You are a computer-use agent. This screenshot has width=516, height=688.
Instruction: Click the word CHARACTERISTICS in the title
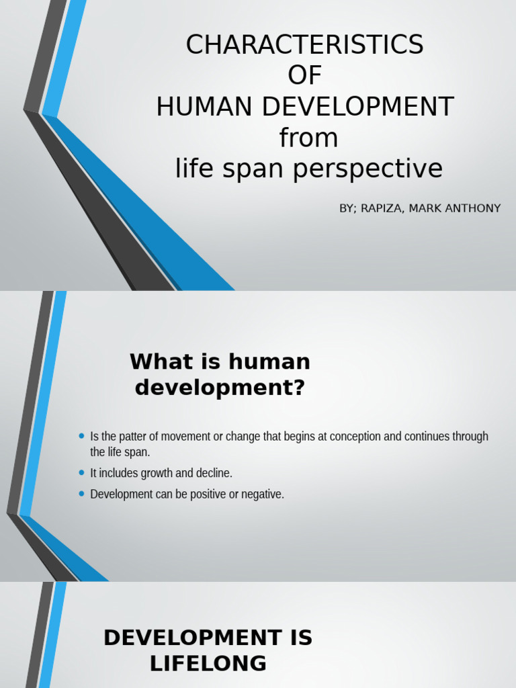pyautogui.click(x=305, y=45)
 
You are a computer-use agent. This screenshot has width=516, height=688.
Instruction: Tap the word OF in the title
pyautogui.click(x=305, y=76)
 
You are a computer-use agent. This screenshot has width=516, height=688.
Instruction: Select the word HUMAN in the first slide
pyautogui.click(x=203, y=107)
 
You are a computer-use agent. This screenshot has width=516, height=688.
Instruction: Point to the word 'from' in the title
pyautogui.click(x=308, y=138)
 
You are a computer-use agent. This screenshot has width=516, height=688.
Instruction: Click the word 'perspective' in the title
pyautogui.click(x=368, y=169)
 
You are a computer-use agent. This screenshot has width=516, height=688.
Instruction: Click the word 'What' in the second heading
pyautogui.click(x=157, y=361)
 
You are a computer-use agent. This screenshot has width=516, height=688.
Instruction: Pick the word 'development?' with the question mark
pyautogui.click(x=220, y=388)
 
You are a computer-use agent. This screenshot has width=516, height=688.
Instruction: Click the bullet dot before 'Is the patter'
pyautogui.click(x=82, y=436)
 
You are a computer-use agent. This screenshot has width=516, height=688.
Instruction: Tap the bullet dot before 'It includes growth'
pyautogui.click(x=82, y=473)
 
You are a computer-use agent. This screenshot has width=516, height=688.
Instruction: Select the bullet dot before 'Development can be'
pyautogui.click(x=82, y=494)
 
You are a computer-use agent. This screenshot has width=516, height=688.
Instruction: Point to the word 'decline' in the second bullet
pyautogui.click(x=214, y=473)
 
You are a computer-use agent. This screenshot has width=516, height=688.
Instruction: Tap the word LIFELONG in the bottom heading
pyautogui.click(x=208, y=664)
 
